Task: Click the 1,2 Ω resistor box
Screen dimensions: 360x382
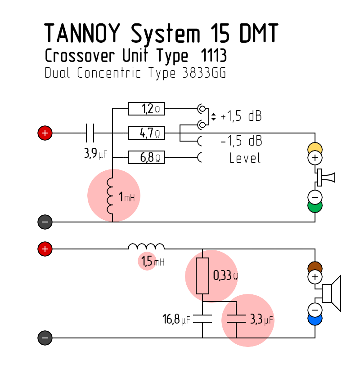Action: click(146, 109)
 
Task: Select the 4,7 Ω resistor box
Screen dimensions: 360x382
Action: click(146, 133)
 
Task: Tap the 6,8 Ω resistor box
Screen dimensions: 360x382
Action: click(146, 157)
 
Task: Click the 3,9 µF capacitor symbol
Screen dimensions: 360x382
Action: click(90, 133)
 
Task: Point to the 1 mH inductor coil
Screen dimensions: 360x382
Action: click(110, 196)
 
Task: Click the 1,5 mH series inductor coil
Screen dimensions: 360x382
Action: click(146, 246)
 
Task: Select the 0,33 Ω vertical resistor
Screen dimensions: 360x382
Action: click(202, 276)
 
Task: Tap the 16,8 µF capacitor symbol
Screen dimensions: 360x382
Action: click(202, 319)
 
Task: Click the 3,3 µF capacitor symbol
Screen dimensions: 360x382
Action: click(236, 319)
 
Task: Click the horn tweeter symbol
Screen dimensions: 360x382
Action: click(326, 178)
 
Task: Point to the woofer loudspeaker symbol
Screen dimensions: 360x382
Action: click(331, 293)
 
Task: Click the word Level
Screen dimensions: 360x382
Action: click(245, 158)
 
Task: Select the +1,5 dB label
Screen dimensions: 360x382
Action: click(241, 116)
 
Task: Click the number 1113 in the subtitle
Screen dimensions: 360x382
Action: click(214, 55)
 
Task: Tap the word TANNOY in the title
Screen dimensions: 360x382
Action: click(82, 33)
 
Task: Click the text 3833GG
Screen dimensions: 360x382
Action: click(204, 73)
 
